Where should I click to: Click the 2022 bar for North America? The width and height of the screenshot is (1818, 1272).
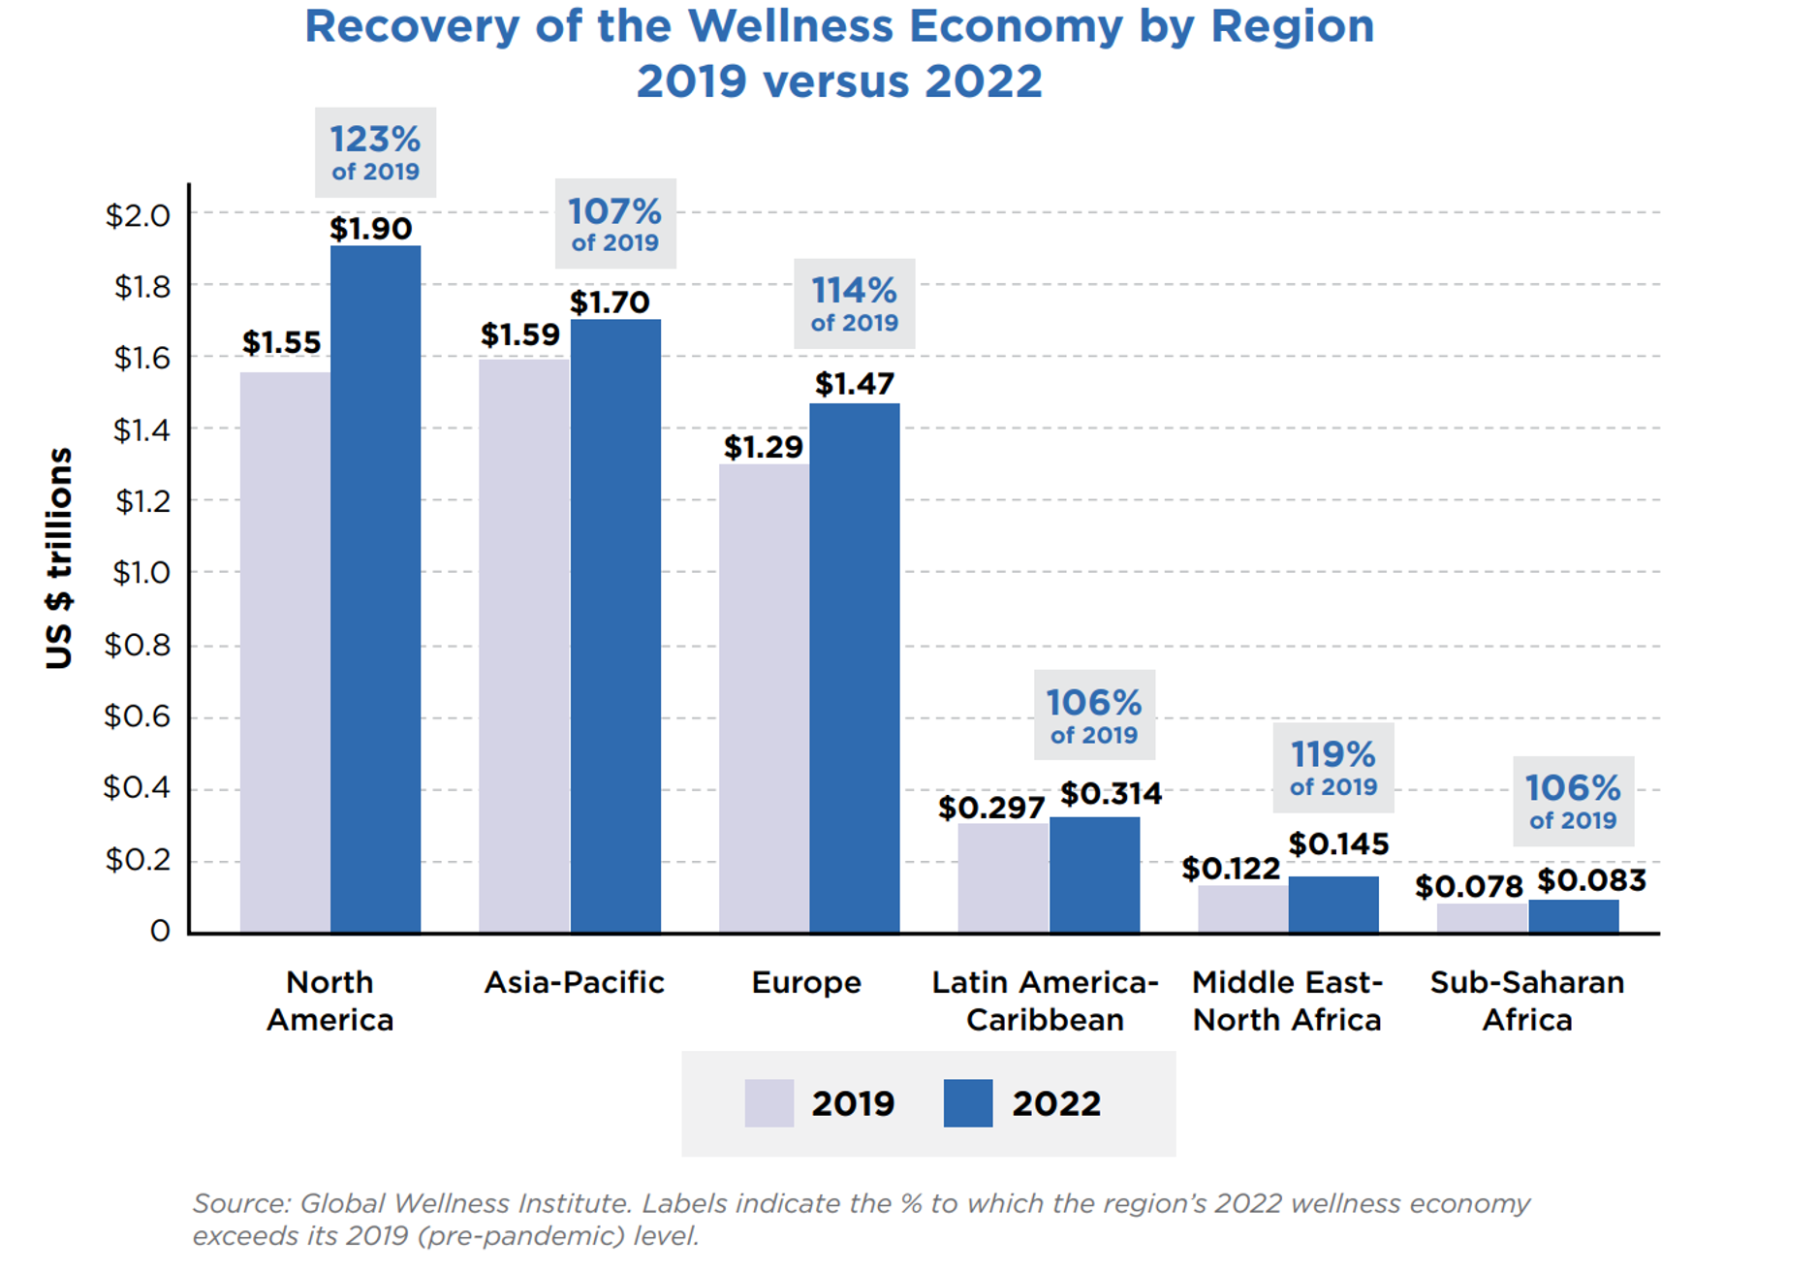(375, 589)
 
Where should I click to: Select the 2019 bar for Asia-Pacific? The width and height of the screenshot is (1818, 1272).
(523, 646)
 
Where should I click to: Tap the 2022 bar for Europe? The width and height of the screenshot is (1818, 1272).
(854, 668)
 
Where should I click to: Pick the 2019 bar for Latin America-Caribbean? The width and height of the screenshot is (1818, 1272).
(1003, 877)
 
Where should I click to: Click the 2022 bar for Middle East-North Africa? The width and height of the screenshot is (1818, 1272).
(1333, 905)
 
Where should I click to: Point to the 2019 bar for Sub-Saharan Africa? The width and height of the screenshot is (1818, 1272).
(1482, 918)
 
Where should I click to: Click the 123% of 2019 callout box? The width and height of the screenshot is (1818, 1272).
(375, 153)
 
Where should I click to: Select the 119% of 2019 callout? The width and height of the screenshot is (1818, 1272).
(1332, 768)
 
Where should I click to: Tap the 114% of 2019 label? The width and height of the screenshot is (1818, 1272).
(854, 303)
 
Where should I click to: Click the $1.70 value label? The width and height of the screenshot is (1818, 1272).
(610, 303)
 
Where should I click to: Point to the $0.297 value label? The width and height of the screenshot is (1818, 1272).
(990, 808)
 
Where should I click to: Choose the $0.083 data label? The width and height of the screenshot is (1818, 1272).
(1591, 880)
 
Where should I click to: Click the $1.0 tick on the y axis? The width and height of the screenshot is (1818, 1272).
(141, 573)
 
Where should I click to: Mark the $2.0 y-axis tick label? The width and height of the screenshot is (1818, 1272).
(138, 215)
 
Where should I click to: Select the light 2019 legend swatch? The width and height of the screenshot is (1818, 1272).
(768, 1103)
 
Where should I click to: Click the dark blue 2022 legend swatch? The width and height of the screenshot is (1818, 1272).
(967, 1103)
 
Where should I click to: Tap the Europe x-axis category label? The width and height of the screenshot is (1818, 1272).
(806, 983)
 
